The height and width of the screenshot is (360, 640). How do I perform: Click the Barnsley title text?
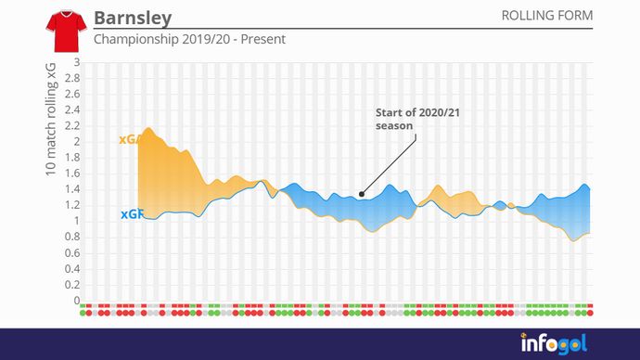pos(133,19)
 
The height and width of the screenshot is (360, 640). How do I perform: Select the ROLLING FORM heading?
pos(546,16)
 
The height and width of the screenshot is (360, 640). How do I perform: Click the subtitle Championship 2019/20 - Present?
pos(189,40)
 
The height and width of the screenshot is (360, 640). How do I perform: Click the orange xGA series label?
pos(130,140)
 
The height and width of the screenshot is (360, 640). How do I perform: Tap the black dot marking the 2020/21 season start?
pos(362,195)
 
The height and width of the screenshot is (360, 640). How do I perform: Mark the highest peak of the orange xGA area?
pos(150,129)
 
